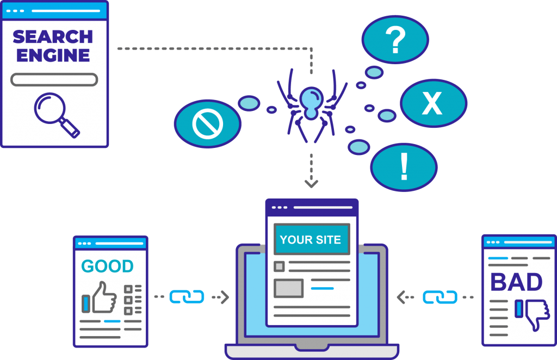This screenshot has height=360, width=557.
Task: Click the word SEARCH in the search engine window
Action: [x=53, y=37]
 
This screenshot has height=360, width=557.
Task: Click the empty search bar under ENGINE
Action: [x=54, y=80]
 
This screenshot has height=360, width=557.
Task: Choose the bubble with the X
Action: [x=433, y=103]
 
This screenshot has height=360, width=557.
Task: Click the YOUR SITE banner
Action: [x=311, y=240]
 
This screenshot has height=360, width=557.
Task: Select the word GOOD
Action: [x=107, y=266]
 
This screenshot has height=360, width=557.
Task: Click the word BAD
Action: [x=516, y=282]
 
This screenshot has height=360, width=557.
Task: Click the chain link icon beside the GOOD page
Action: [x=187, y=296]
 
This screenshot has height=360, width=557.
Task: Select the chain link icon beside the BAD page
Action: [x=440, y=297]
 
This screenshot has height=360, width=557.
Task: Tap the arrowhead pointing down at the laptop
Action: [x=311, y=183]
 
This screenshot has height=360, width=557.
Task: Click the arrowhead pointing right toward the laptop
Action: [x=225, y=297]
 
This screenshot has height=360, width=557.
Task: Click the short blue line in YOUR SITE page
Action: [x=322, y=288]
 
